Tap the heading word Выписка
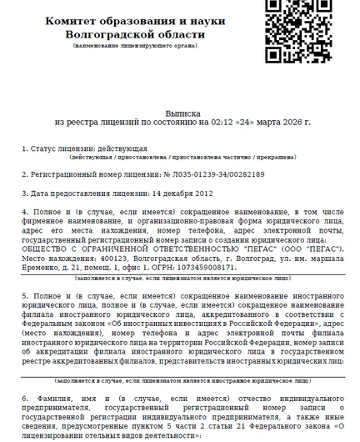(x=182, y=110)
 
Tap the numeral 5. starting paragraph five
(x=25, y=296)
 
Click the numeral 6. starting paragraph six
(x=25, y=399)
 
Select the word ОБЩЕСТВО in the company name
(x=44, y=249)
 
